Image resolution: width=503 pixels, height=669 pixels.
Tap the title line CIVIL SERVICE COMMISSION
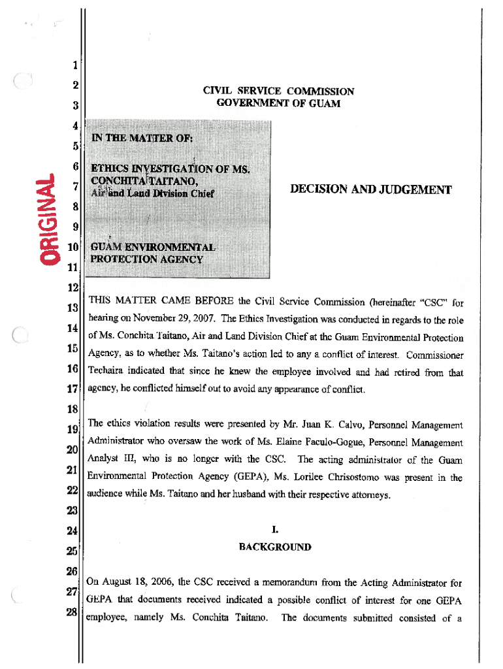[x=278, y=92]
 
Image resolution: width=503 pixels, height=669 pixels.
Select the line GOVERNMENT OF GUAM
[x=278, y=104]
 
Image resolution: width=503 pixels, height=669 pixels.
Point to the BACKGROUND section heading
[x=274, y=547]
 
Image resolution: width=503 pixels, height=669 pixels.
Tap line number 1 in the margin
[x=75, y=65]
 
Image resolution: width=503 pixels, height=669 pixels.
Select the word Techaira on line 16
[x=108, y=372]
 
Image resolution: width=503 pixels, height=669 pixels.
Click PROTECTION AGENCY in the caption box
[x=146, y=259]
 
